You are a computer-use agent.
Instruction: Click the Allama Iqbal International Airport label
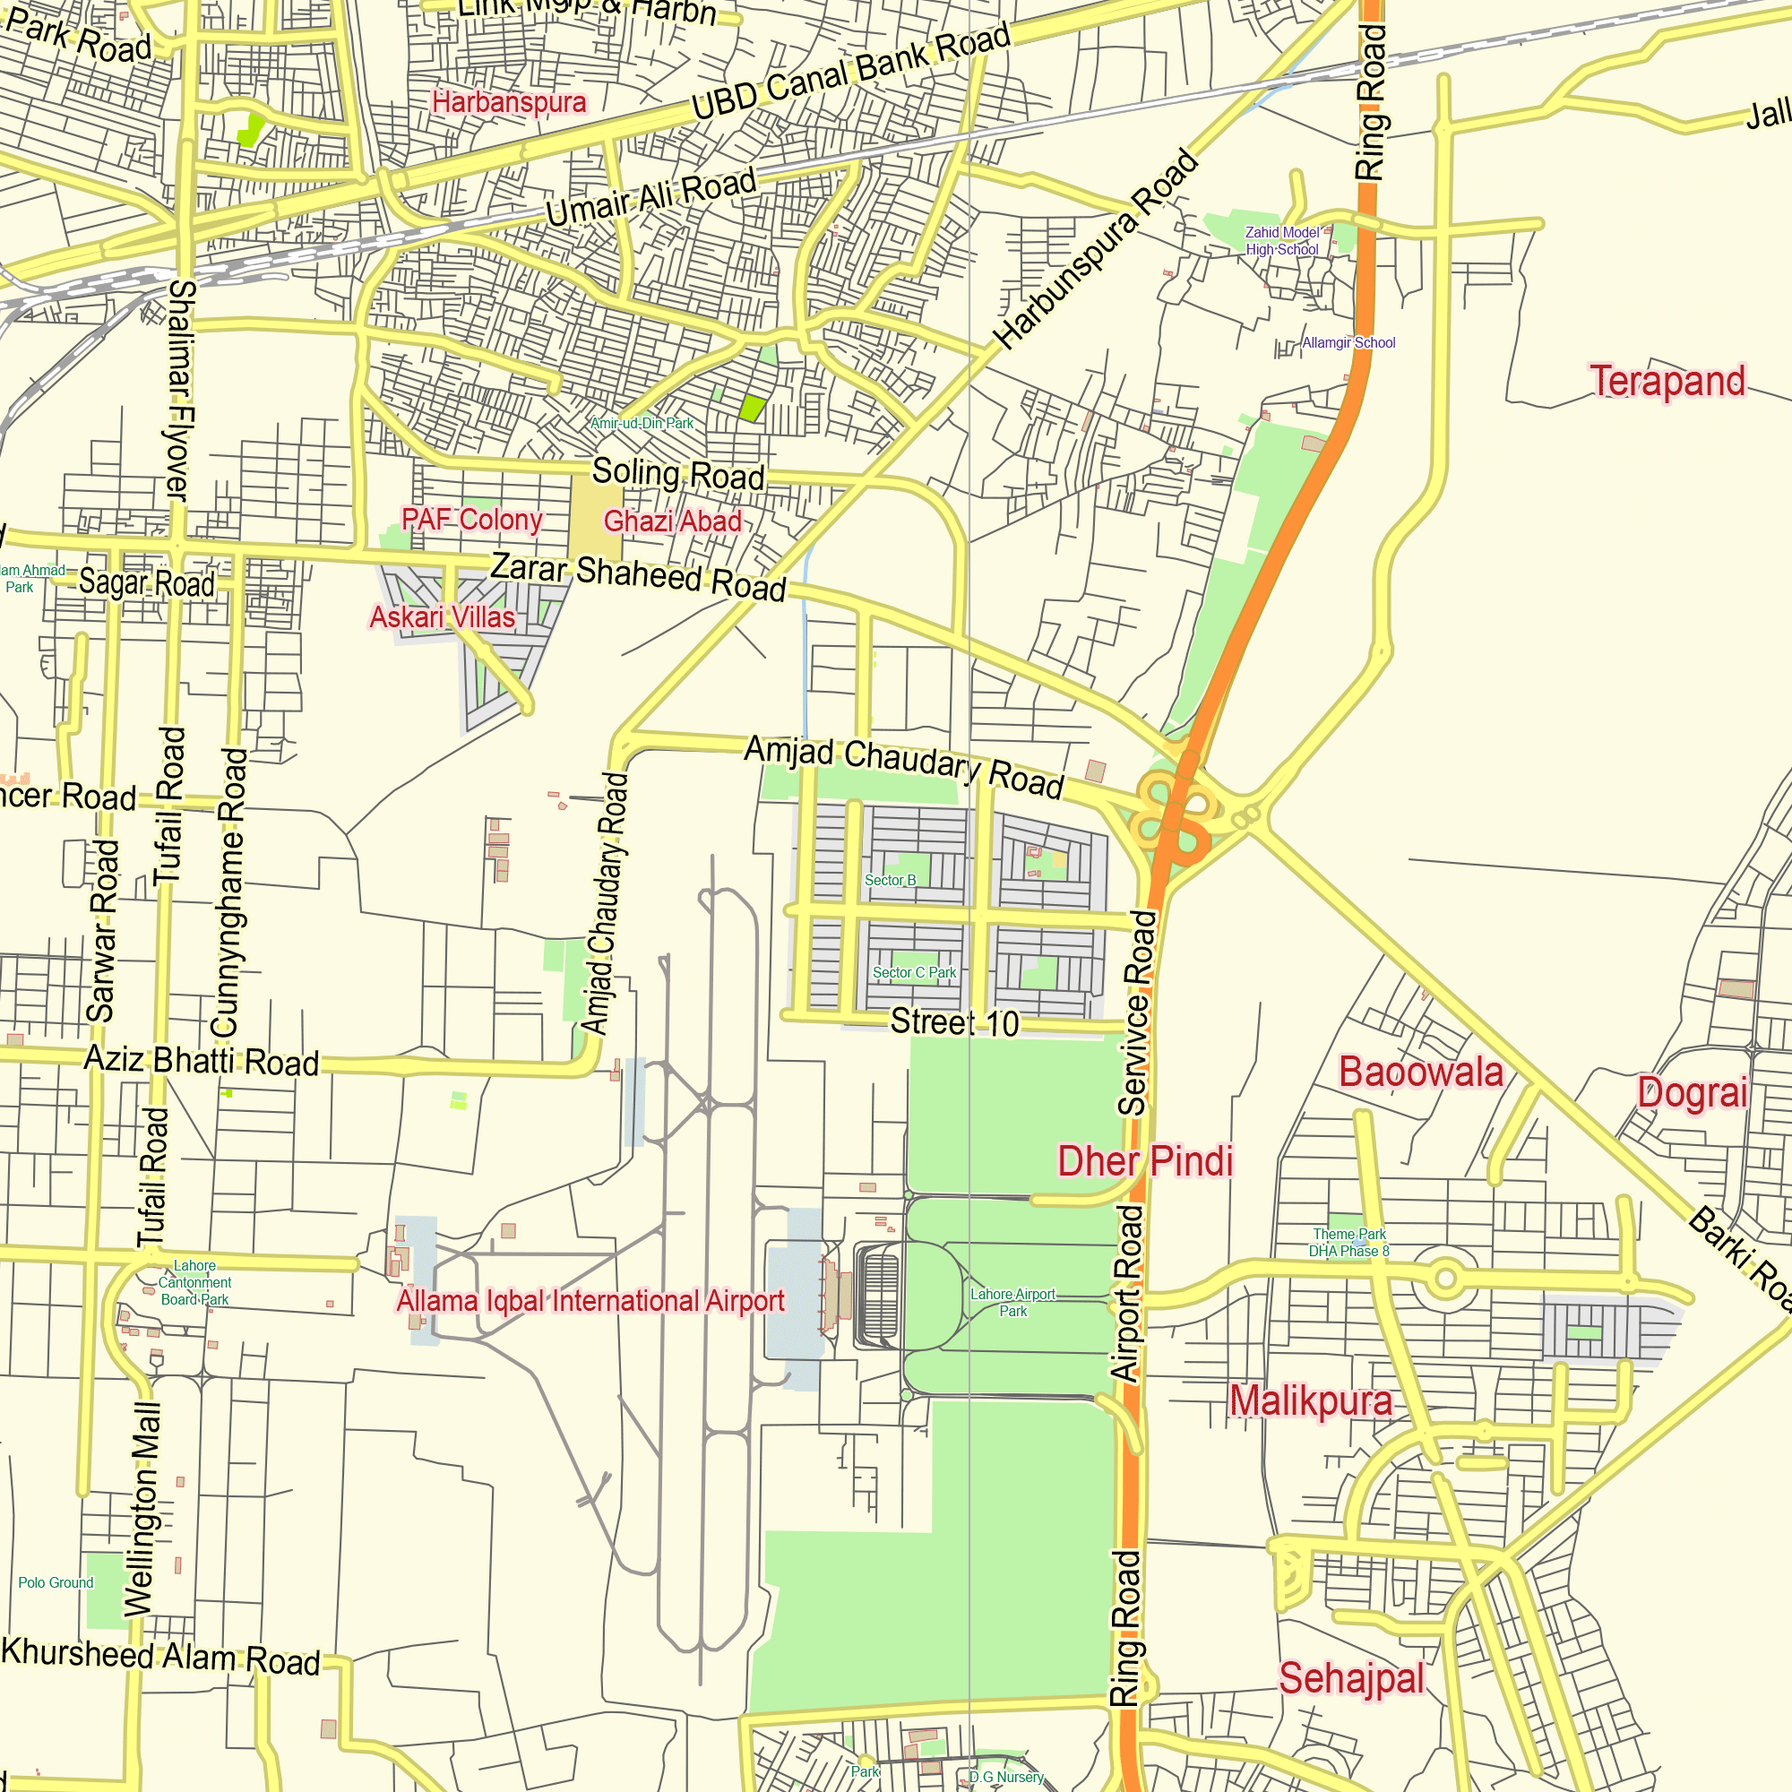(x=590, y=1300)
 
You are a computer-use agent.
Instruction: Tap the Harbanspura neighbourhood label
(x=509, y=102)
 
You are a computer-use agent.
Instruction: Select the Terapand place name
(x=1667, y=381)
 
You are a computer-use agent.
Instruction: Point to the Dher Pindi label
(x=1145, y=1160)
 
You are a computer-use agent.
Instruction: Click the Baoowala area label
(x=1421, y=1073)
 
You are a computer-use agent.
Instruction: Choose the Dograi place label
(x=1693, y=1092)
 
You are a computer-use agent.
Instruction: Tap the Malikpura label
(x=1311, y=1400)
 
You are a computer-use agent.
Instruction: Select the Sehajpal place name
(x=1351, y=1679)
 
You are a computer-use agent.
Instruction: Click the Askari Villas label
(x=443, y=616)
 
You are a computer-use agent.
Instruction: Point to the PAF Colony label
(x=472, y=520)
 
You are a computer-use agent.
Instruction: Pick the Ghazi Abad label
(x=673, y=521)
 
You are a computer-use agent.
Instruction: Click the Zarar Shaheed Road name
(x=638, y=576)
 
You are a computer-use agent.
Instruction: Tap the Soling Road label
(x=678, y=474)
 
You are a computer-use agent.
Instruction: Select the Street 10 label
(x=954, y=1022)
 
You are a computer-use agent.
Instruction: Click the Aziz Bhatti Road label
(x=202, y=1060)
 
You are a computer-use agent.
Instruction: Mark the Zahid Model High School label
(x=1282, y=241)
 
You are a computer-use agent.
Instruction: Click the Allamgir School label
(x=1348, y=343)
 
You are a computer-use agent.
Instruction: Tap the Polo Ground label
(x=56, y=1582)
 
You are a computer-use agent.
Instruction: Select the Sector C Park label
(x=915, y=972)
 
